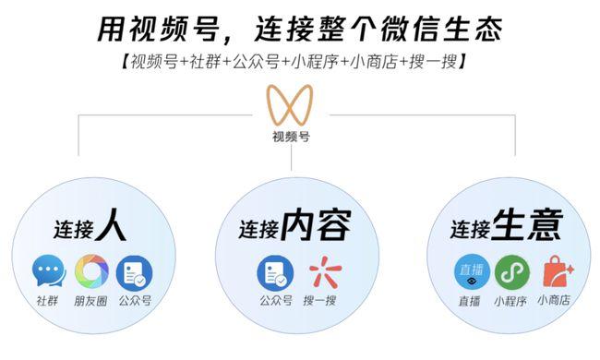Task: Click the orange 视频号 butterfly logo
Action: click(290, 108)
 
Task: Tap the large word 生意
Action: click(528, 225)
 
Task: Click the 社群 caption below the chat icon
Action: click(47, 301)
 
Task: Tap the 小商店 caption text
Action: click(556, 301)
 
